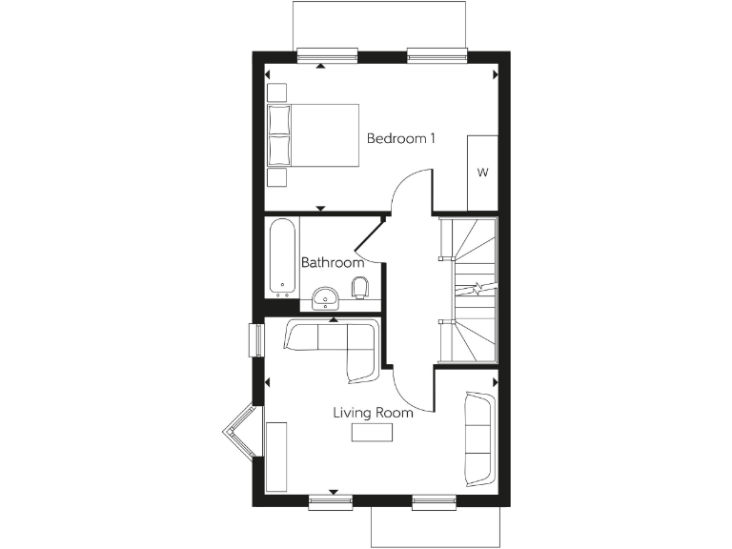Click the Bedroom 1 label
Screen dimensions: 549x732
pyautogui.click(x=401, y=139)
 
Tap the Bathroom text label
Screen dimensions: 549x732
pyautogui.click(x=333, y=262)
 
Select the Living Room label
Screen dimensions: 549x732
pyautogui.click(x=373, y=414)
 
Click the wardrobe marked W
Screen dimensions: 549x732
pyautogui.click(x=482, y=173)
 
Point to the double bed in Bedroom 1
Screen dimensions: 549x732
pyautogui.click(x=314, y=135)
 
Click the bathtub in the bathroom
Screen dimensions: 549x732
pyautogui.click(x=283, y=256)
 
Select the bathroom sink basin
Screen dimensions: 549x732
pyautogui.click(x=327, y=298)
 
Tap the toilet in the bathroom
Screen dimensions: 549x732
pyautogui.click(x=359, y=287)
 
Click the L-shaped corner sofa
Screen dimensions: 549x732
pyautogui.click(x=338, y=345)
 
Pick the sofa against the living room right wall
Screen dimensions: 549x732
pyautogui.click(x=478, y=437)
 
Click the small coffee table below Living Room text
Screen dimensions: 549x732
pyautogui.click(x=372, y=434)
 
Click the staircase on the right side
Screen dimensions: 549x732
pyautogui.click(x=468, y=288)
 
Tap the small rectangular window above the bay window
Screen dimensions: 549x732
pyautogui.click(x=255, y=340)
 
